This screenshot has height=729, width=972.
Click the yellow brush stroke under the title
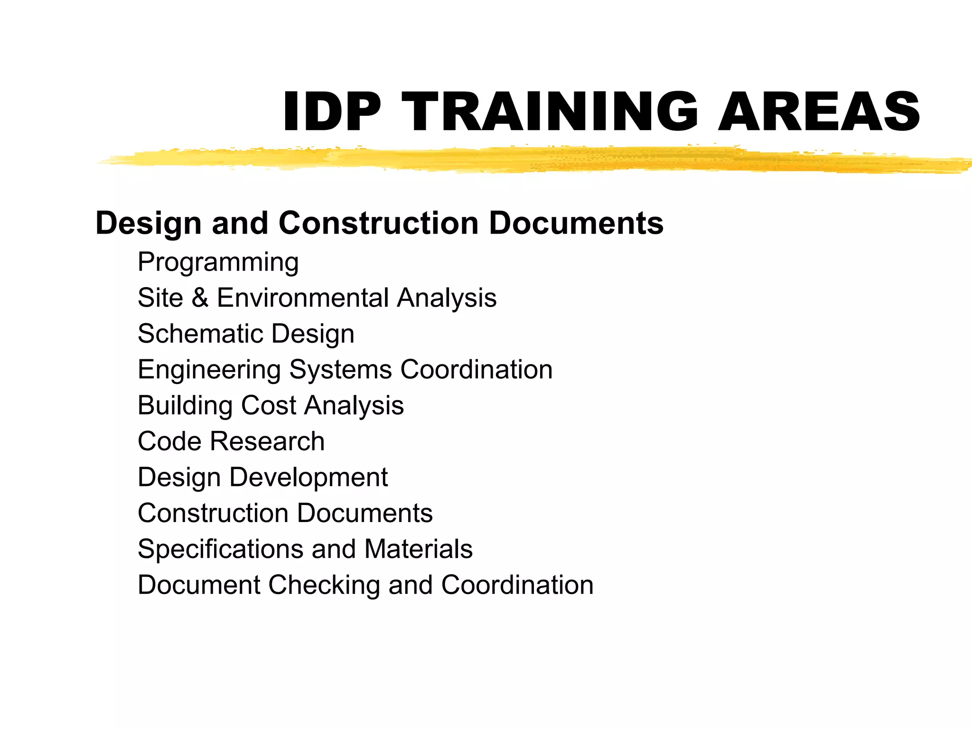click(x=522, y=159)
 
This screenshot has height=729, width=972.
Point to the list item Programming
click(x=218, y=262)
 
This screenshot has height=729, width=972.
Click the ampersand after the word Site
click(x=200, y=298)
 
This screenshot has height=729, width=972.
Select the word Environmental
click(x=302, y=298)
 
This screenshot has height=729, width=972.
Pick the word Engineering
click(x=209, y=370)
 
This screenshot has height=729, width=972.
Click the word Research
click(x=267, y=441)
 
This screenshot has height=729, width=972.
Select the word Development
click(x=308, y=477)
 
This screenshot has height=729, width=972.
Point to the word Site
click(x=160, y=298)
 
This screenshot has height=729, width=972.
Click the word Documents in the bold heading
click(x=576, y=223)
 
